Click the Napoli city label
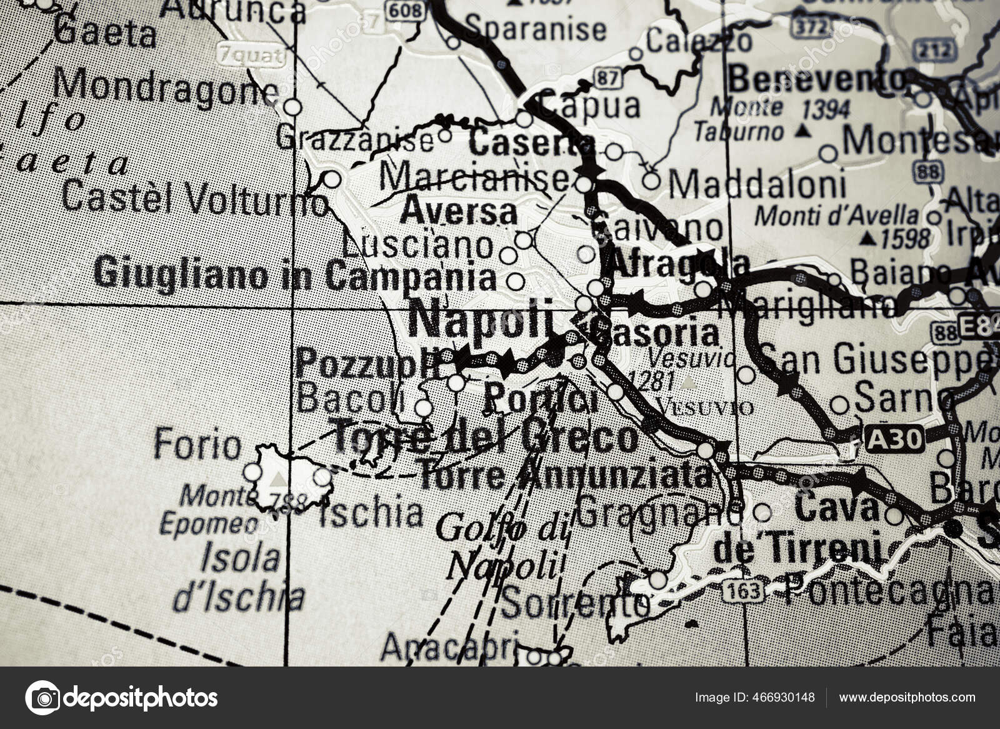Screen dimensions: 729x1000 click(482, 320)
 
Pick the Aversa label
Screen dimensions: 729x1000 click(459, 212)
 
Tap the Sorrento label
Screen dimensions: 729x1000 click(576, 603)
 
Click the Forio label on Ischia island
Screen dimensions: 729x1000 click(197, 445)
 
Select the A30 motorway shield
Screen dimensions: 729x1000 click(895, 440)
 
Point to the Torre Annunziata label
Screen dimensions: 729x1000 click(566, 477)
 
